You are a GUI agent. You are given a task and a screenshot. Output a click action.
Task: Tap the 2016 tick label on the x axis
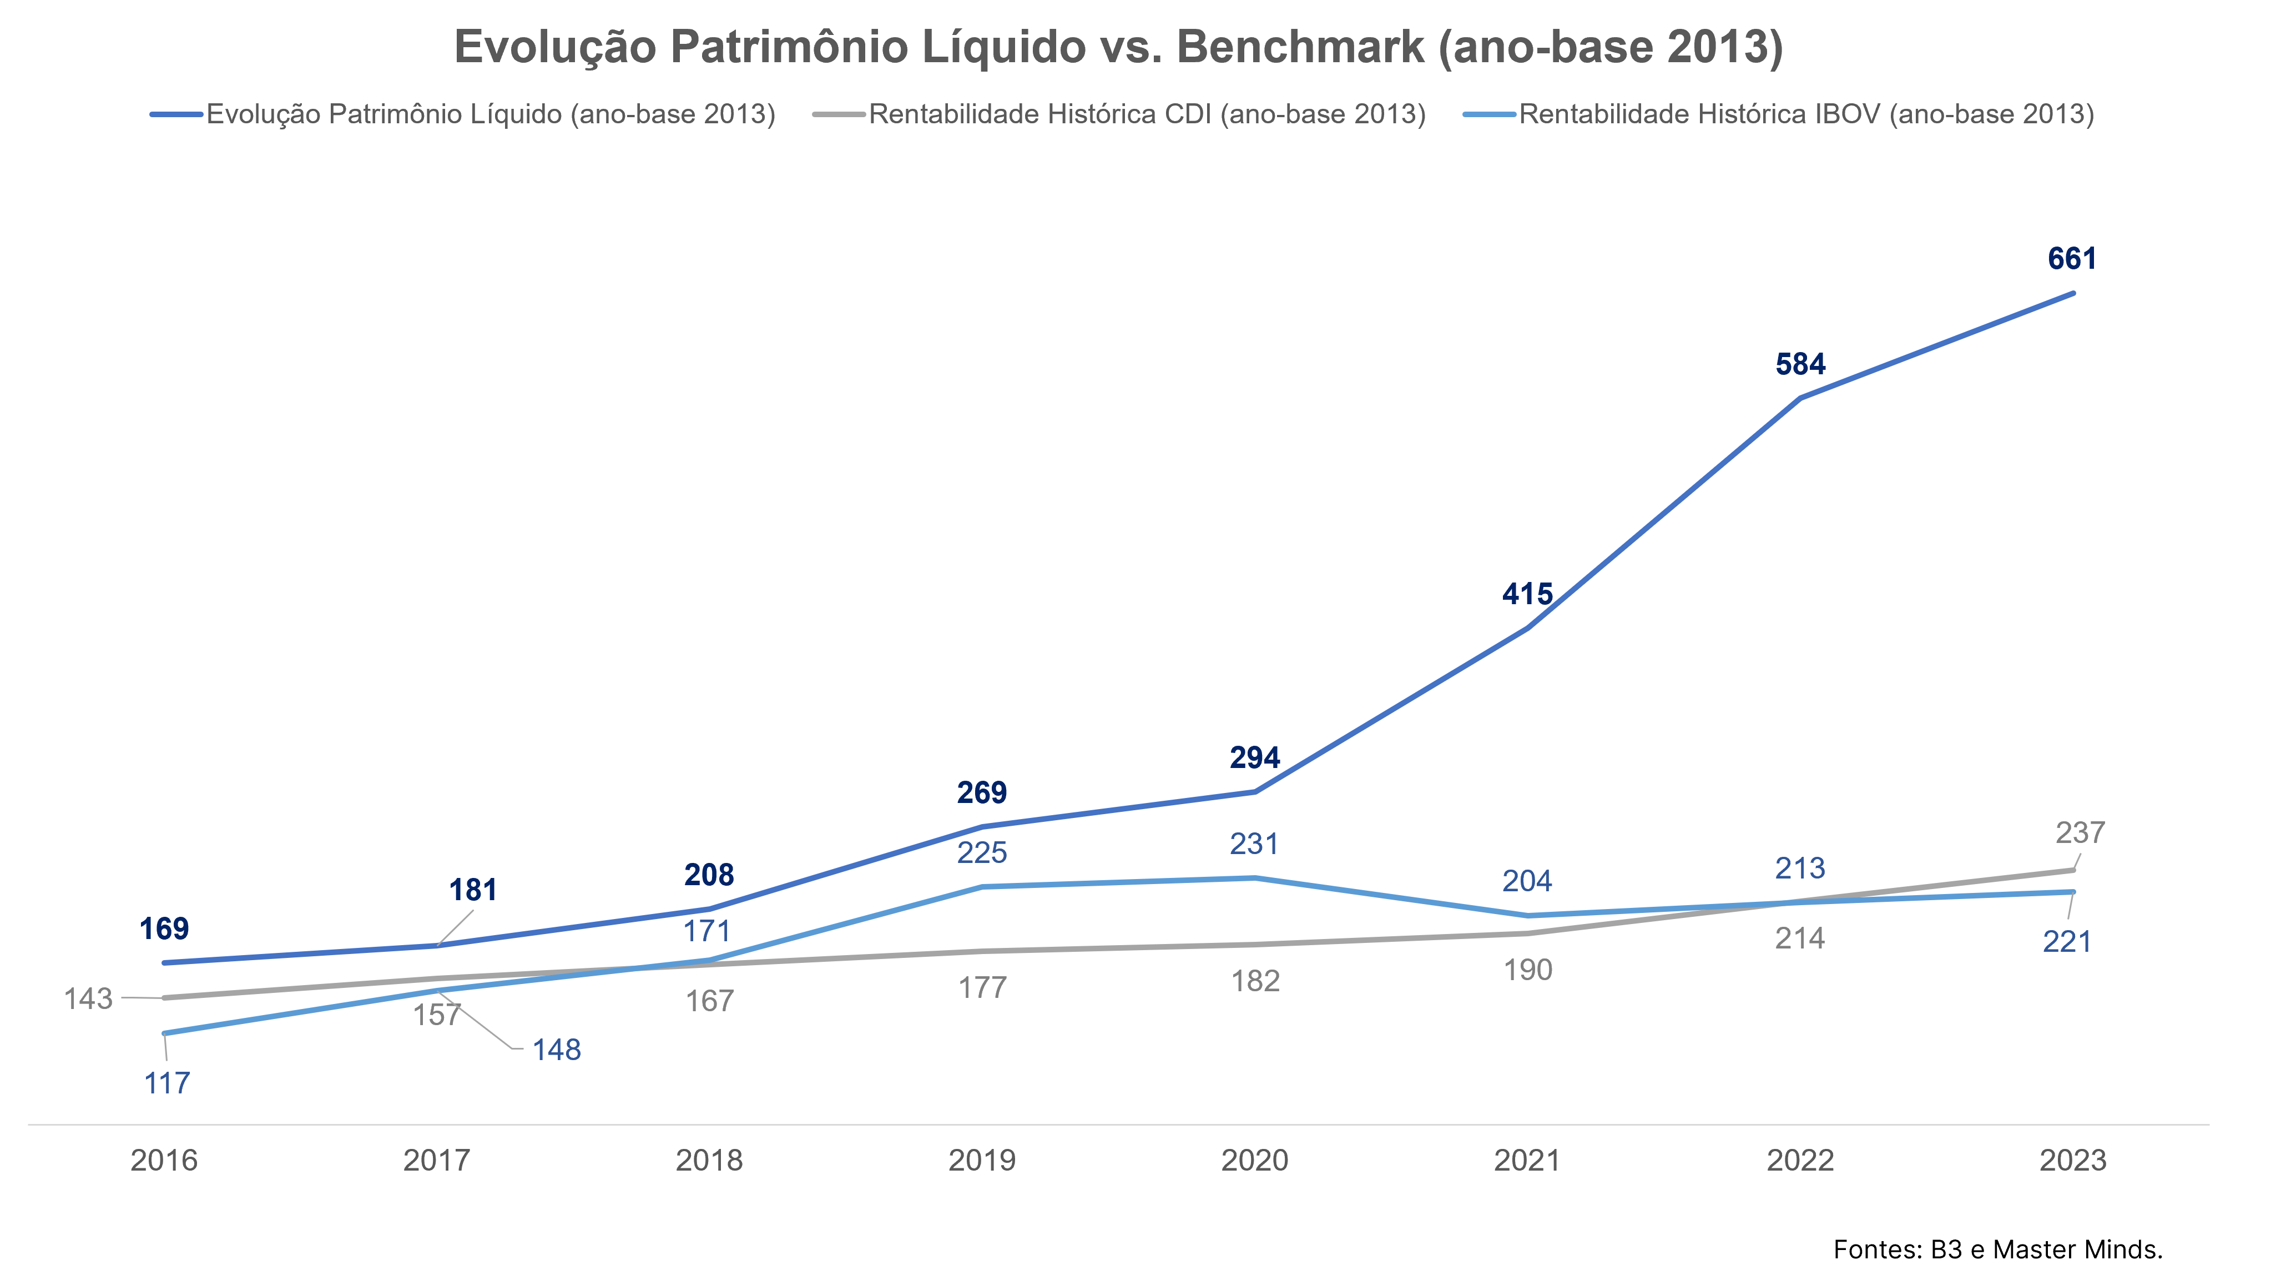[x=164, y=1161]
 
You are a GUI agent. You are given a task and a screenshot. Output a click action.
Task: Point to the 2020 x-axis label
[x=1255, y=1161]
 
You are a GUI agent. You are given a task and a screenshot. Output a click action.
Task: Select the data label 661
[x=2072, y=259]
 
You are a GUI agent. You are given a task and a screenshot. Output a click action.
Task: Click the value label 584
[x=1800, y=364]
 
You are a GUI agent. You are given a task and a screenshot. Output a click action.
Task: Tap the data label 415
[x=1527, y=594]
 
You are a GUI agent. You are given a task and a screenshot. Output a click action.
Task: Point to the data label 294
[x=1255, y=757]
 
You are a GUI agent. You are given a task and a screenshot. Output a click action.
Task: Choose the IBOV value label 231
[x=1255, y=844]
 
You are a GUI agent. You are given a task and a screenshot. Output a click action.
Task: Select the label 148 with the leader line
[x=556, y=1050]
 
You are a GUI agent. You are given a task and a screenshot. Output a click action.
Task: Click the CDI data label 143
[x=89, y=999]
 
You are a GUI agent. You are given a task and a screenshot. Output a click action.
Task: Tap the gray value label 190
[x=1527, y=970]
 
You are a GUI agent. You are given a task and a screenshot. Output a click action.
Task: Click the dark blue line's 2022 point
[x=1800, y=398]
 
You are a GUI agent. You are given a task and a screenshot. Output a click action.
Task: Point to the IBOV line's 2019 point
[x=982, y=886]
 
